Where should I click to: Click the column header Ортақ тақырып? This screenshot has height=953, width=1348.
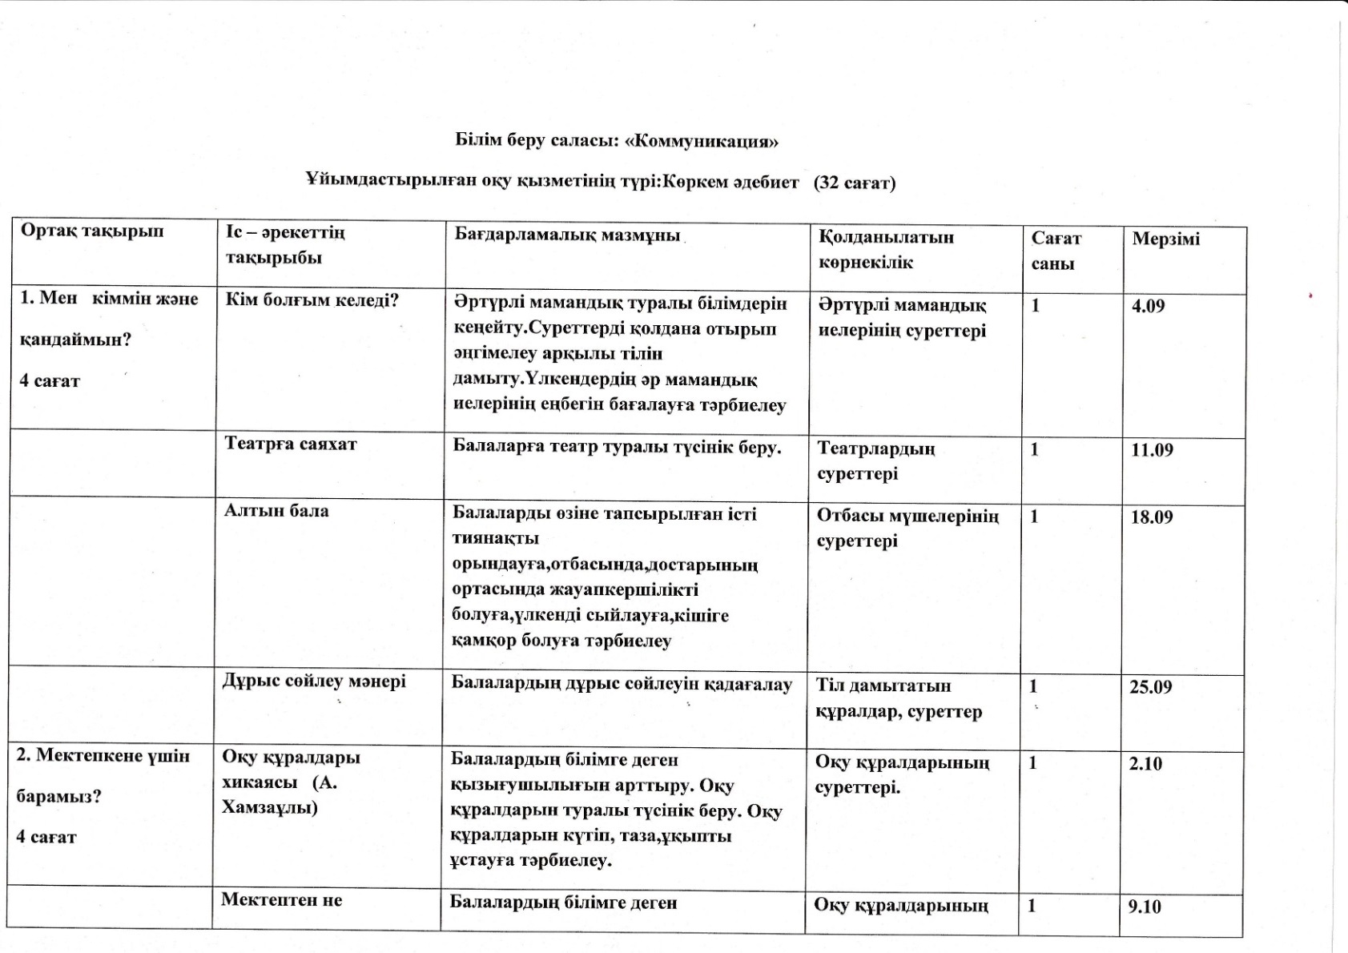tap(92, 231)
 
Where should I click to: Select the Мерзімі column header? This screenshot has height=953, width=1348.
tap(1165, 239)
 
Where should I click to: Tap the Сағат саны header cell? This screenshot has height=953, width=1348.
tap(1056, 251)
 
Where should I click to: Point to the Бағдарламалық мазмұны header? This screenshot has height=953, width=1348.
tap(567, 235)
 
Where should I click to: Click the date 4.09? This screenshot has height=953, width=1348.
tap(1148, 306)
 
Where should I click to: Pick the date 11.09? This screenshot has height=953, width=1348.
tap(1152, 450)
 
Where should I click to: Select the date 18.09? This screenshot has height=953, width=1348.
tap(1152, 517)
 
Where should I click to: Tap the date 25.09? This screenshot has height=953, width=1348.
tap(1151, 687)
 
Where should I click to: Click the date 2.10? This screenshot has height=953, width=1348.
tap(1145, 764)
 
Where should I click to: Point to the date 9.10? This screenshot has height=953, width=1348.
tap(1145, 907)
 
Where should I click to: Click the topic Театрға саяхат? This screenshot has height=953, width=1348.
tap(291, 444)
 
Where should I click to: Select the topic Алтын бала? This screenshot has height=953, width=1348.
tap(276, 511)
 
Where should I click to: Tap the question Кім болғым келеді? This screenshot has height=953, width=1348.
tap(312, 301)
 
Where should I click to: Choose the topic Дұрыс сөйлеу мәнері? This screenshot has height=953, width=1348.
tap(314, 682)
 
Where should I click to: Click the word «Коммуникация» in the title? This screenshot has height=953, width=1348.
tap(702, 142)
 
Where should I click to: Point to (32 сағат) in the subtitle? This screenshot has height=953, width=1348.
tap(855, 183)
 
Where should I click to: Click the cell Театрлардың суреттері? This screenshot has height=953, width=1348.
tap(875, 460)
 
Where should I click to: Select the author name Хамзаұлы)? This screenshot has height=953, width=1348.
tap(270, 807)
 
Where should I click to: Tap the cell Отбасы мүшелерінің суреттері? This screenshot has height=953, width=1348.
tap(907, 528)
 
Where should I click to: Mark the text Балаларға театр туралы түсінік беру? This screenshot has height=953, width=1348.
tap(617, 448)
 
